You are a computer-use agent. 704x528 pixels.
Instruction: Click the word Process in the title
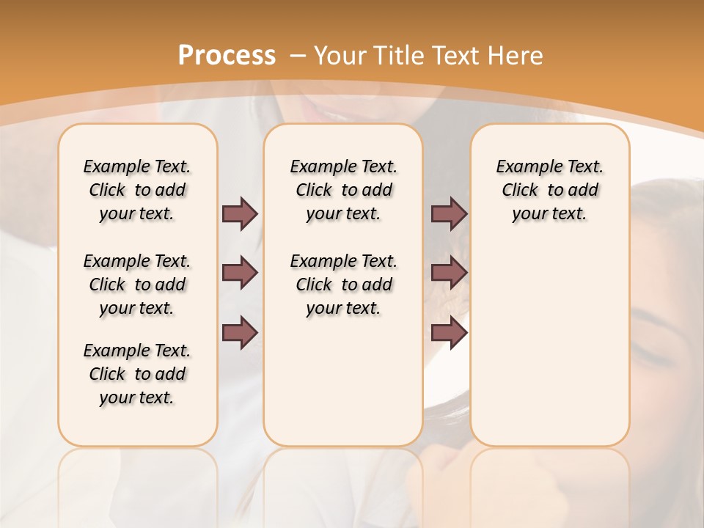pyautogui.click(x=227, y=56)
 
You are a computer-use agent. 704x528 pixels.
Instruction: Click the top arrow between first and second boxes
pyautogui.click(x=240, y=213)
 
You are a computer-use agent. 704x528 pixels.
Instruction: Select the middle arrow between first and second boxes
pyautogui.click(x=240, y=273)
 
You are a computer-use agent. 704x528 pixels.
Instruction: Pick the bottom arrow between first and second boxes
pyautogui.click(x=240, y=333)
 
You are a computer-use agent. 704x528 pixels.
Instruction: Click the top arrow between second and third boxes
pyautogui.click(x=449, y=213)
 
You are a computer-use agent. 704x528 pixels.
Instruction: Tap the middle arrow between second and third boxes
pyautogui.click(x=449, y=273)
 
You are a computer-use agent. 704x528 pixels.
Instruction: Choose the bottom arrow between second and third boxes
pyautogui.click(x=449, y=333)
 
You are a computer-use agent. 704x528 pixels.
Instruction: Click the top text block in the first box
pyautogui.click(x=137, y=190)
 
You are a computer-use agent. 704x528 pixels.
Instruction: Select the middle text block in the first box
pyautogui.click(x=137, y=285)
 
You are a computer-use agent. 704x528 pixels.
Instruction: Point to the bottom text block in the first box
pyautogui.click(x=137, y=374)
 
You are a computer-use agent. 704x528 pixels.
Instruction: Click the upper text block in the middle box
pyautogui.click(x=343, y=190)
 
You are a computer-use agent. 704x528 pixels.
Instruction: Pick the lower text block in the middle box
pyautogui.click(x=343, y=285)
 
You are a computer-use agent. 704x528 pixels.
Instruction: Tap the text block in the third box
pyautogui.click(x=550, y=190)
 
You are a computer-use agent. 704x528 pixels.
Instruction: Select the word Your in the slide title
pyautogui.click(x=340, y=56)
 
